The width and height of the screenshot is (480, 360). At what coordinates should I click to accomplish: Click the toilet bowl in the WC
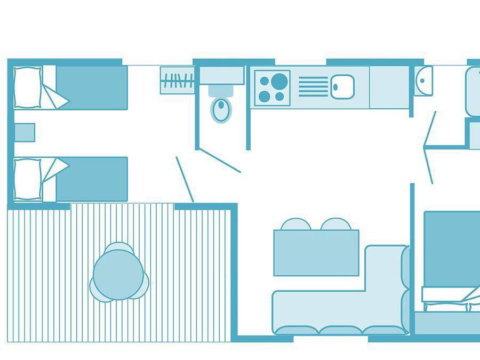point(221,109)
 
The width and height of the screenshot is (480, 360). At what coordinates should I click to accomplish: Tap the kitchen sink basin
point(342,86)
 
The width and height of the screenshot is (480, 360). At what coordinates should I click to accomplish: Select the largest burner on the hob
point(279,81)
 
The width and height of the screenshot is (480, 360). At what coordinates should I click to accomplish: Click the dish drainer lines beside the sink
point(313,86)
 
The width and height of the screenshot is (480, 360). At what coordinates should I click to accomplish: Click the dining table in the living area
point(316,253)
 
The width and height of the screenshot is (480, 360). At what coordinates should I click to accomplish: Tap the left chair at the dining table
point(295,224)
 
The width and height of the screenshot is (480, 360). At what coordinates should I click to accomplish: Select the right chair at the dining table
point(336,224)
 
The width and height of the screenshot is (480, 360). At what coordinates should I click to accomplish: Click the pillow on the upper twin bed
point(28,87)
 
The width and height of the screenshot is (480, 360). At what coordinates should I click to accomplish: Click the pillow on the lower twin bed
point(28,179)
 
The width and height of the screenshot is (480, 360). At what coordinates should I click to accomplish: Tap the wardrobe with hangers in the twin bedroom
point(178,81)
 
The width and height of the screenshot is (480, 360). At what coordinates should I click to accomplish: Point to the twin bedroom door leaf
point(185,179)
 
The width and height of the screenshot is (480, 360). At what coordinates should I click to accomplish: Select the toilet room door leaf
point(220,161)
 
